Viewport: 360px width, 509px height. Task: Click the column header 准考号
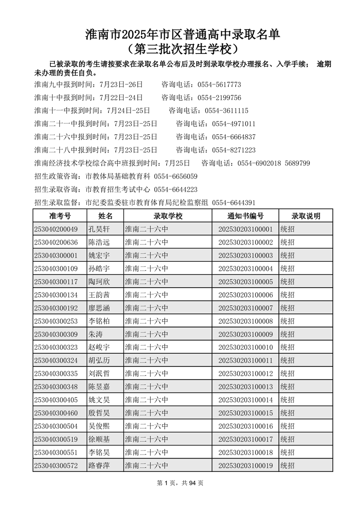pyautogui.click(x=59, y=216)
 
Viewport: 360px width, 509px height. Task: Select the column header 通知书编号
pyautogui.click(x=245, y=216)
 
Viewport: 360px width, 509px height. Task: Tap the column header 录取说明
pyautogui.click(x=306, y=216)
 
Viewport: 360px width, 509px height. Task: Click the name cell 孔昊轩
pyautogui.click(x=99, y=229)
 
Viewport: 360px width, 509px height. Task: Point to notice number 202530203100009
pyautogui.click(x=245, y=334)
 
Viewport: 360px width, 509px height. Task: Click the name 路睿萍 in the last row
pyautogui.click(x=99, y=465)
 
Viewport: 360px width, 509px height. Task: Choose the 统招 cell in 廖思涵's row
pyautogui.click(x=287, y=308)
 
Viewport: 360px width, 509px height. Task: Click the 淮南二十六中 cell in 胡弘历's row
pyautogui.click(x=147, y=361)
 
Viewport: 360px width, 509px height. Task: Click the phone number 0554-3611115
pyautogui.click(x=227, y=111)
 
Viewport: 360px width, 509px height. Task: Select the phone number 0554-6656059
pyautogui.click(x=176, y=176)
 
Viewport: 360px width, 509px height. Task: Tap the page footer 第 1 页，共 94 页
pyautogui.click(x=180, y=483)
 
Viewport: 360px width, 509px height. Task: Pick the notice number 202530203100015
pyautogui.click(x=245, y=413)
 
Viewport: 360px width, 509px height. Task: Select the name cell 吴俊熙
pyautogui.click(x=99, y=426)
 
